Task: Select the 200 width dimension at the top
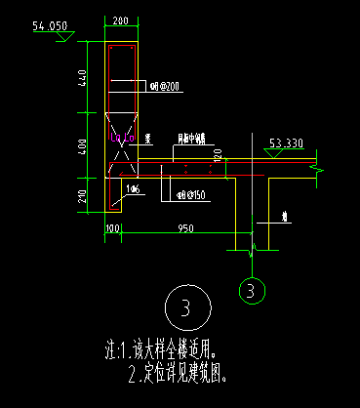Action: (121, 20)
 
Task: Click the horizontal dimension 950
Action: (181, 229)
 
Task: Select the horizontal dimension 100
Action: (111, 229)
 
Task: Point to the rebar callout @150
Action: (190, 192)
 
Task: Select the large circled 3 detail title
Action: (183, 307)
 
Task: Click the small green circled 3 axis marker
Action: (251, 290)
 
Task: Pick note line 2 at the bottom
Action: (183, 372)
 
